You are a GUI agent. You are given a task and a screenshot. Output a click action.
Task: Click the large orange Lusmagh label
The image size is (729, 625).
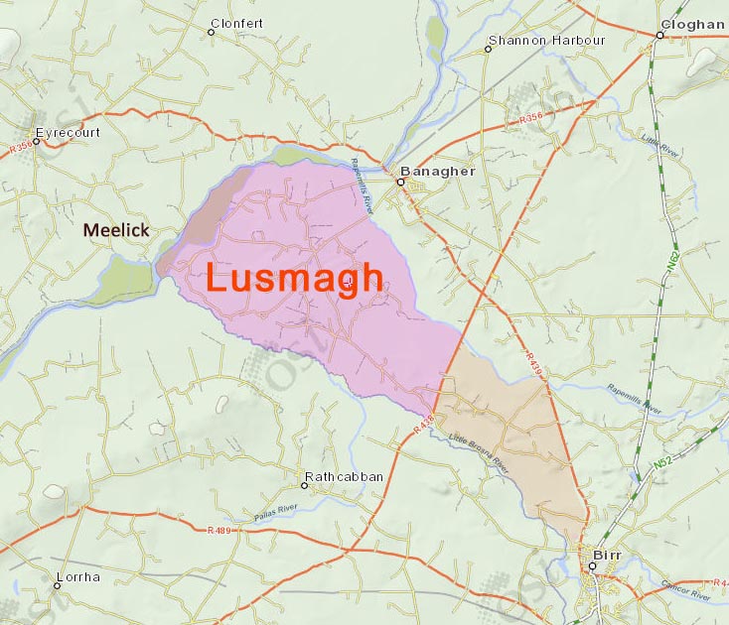(294, 278)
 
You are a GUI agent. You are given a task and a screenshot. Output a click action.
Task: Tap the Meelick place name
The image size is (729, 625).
(116, 230)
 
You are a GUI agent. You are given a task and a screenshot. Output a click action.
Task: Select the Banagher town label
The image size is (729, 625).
(443, 171)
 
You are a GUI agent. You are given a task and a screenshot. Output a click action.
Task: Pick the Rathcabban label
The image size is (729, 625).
(344, 477)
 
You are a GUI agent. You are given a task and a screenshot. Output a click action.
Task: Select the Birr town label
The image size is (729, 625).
(606, 555)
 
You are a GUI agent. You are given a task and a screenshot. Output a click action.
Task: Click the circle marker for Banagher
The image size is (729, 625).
(402, 182)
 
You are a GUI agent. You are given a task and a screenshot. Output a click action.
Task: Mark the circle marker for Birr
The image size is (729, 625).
(591, 566)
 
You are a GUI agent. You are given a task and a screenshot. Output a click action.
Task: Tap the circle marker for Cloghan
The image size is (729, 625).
(658, 36)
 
